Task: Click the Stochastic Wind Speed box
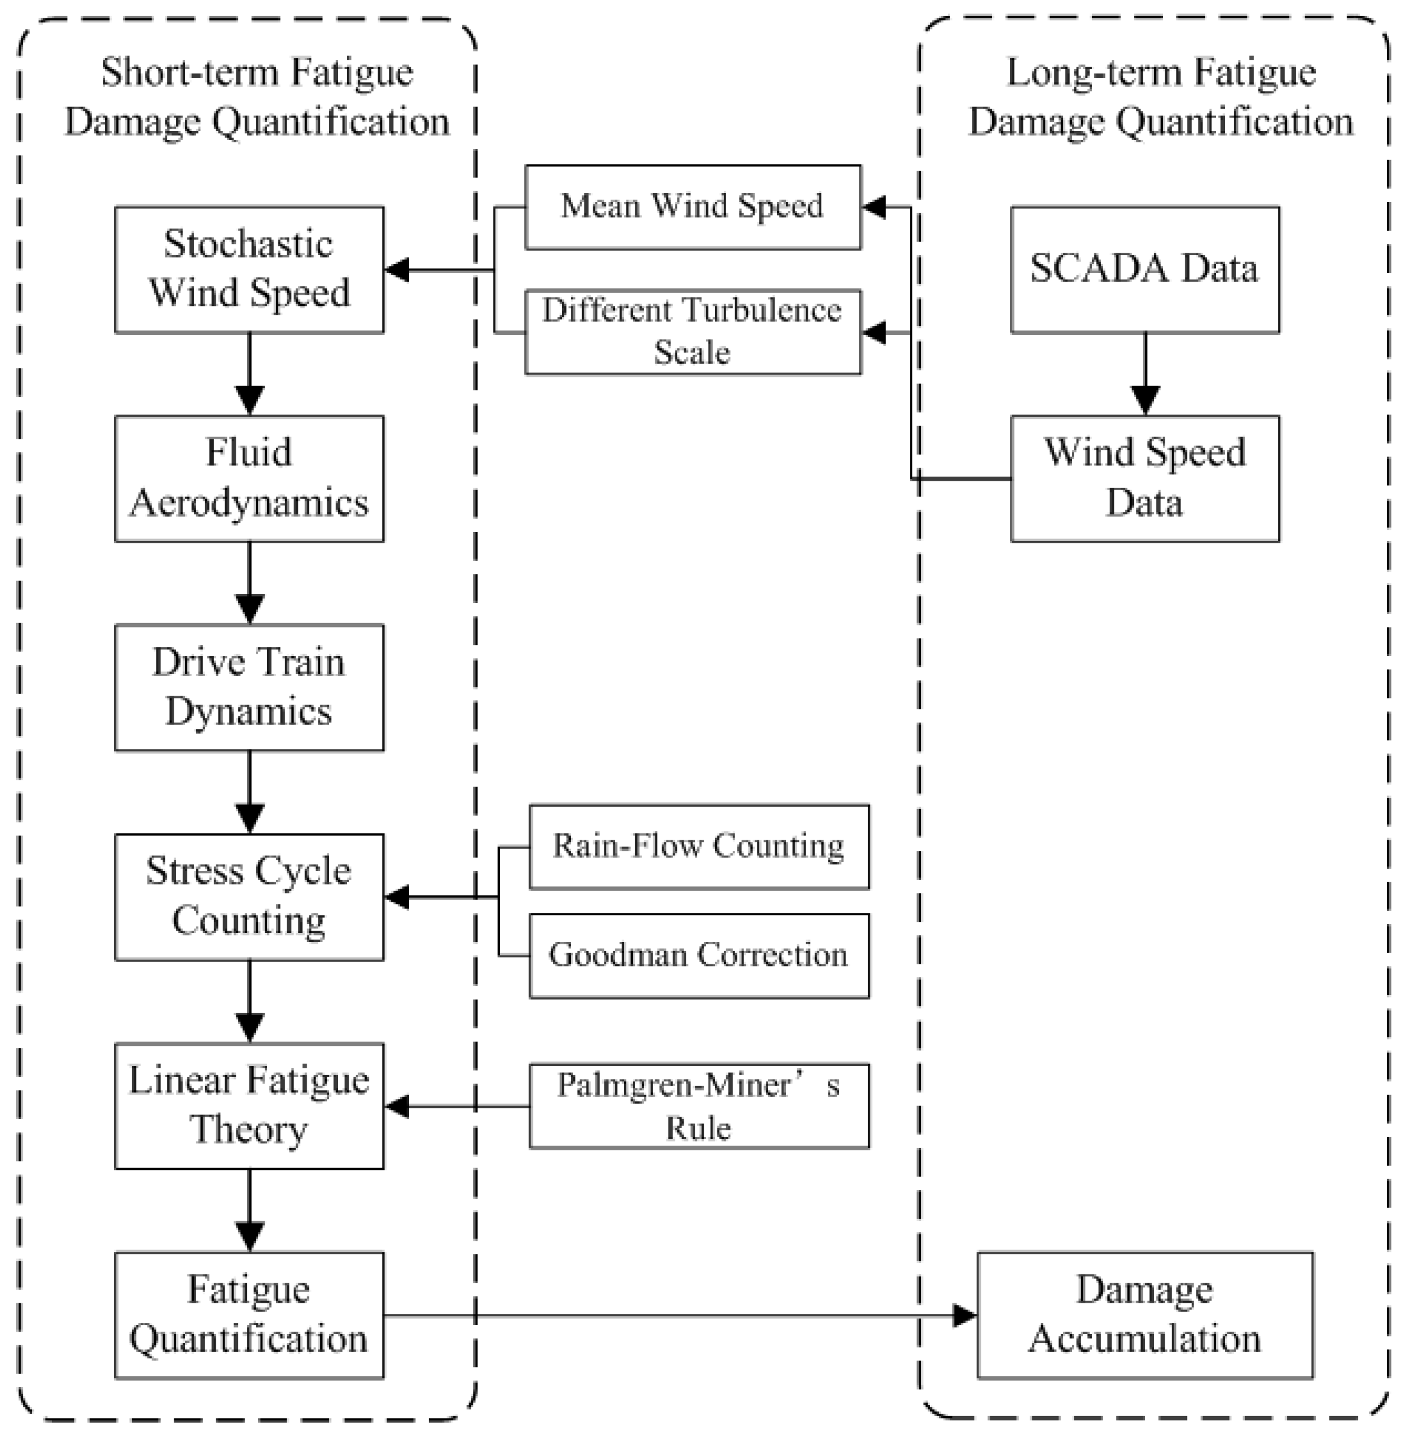pos(249,269)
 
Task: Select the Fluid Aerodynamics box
pos(249,478)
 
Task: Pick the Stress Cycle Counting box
pos(249,896)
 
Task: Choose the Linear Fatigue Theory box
pos(249,1105)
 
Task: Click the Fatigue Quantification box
pos(249,1315)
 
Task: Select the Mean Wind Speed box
pos(693,207)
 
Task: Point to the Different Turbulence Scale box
pos(693,332)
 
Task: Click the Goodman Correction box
pos(698,955)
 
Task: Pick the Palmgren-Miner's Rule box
pos(698,1105)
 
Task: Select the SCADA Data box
pos(1144,269)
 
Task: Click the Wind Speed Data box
pos(1144,478)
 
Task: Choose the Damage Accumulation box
pos(1144,1315)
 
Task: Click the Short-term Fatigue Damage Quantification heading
pos(257,97)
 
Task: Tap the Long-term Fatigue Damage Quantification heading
pos(1161,97)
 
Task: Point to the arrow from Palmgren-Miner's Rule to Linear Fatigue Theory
pos(456,1105)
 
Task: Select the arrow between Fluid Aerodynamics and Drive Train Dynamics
pos(249,582)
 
